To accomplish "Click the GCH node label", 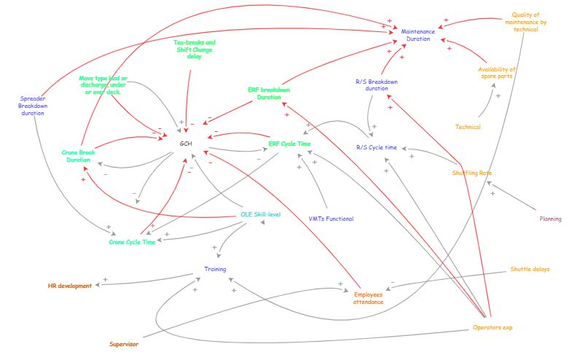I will coord(186,144).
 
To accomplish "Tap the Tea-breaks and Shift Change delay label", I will coord(195,49).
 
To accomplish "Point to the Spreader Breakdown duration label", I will coord(33,106).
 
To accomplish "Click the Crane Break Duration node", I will coord(78,156).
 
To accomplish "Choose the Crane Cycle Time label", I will coord(132,242).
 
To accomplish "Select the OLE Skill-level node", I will coord(260,214).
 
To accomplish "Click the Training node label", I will coord(215,269).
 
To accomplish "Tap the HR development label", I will coord(70,286).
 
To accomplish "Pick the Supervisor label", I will coord(124,343).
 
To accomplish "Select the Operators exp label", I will coord(493,327).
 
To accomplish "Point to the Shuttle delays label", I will coord(530,269).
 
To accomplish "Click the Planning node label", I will coord(550,219).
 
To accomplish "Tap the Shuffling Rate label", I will coord(472,173).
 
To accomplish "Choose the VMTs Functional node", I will coord(331,219).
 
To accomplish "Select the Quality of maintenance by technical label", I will coord(526,22).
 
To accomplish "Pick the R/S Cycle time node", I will coord(377,147).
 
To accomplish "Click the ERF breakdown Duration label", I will coord(269,93).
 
